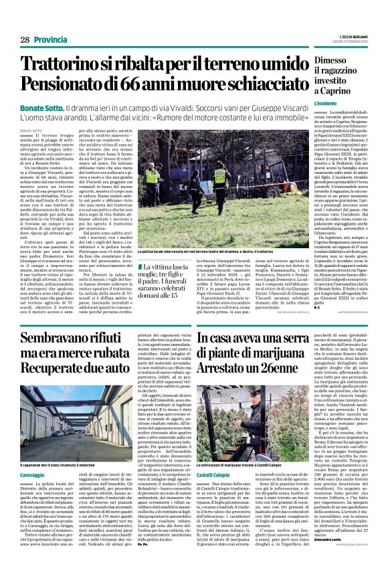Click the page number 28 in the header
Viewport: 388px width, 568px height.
24,40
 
